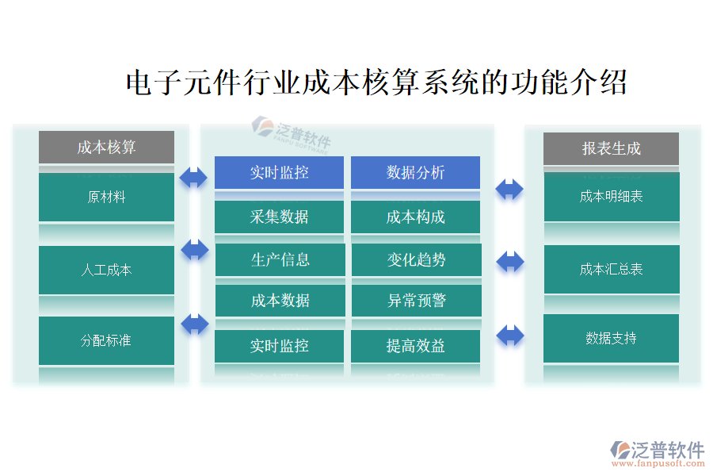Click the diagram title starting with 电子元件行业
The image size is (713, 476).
click(376, 83)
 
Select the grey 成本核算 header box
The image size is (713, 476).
click(106, 148)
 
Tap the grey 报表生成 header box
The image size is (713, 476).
click(611, 148)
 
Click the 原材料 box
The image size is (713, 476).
click(106, 197)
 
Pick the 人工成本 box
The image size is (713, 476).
click(106, 270)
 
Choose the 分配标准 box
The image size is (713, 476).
click(106, 341)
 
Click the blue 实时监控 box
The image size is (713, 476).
click(279, 172)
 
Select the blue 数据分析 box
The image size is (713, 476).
click(415, 172)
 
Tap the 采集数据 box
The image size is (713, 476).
click(279, 217)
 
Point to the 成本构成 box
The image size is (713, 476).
click(415, 217)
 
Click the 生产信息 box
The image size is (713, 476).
click(280, 259)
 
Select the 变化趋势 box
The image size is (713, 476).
click(416, 259)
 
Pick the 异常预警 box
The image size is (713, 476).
click(416, 301)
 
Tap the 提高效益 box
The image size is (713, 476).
click(415, 346)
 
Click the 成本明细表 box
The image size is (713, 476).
click(611, 197)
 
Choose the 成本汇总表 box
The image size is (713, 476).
click(611, 270)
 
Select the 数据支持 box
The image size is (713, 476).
click(611, 339)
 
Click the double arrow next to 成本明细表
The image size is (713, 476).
click(509, 189)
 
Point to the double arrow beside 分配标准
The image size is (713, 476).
click(194, 324)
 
